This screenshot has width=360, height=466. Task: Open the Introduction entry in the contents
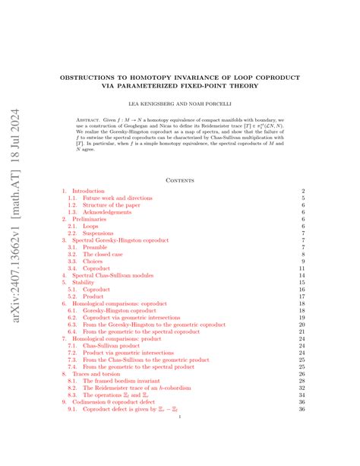[89, 191]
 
